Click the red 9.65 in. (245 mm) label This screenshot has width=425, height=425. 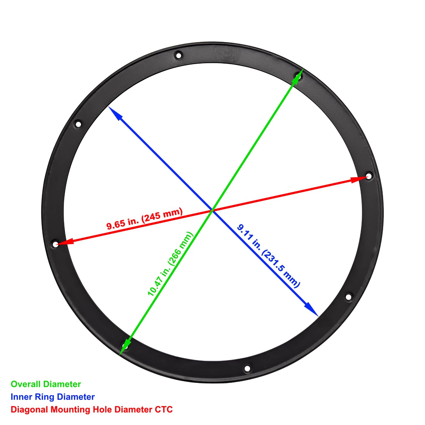coord(145,219)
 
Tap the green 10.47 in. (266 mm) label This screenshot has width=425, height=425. coord(170,264)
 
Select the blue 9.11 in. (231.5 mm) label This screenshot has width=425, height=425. coord(269,256)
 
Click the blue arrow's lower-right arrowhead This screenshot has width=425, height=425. coord(312,310)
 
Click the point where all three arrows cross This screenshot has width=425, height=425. coord(212,211)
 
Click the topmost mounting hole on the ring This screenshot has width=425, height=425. coord(179,55)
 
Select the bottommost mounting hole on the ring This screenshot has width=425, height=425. coord(247,368)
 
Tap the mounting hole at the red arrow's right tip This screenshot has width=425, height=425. coord(369,176)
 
